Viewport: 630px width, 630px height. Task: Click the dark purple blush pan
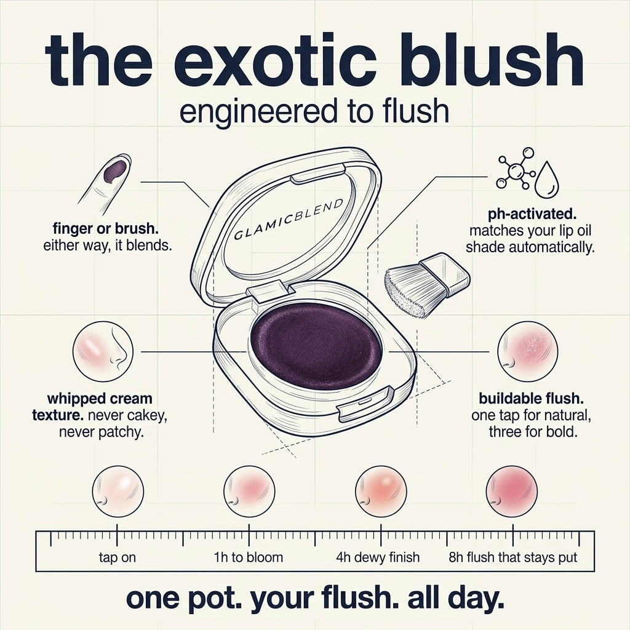(x=316, y=347)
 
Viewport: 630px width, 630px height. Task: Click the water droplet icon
(x=547, y=180)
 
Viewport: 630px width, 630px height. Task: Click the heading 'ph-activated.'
(x=532, y=215)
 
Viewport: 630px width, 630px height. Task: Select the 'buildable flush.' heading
(x=531, y=399)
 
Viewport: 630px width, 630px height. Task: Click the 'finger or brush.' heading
(x=106, y=229)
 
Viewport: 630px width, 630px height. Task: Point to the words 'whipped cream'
(x=100, y=399)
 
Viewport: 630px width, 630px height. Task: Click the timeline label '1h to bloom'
(x=249, y=557)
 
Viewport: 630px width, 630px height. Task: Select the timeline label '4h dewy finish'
(x=378, y=557)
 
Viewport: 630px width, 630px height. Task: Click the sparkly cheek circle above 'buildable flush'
(x=527, y=351)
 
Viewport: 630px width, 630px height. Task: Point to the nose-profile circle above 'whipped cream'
(x=103, y=351)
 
